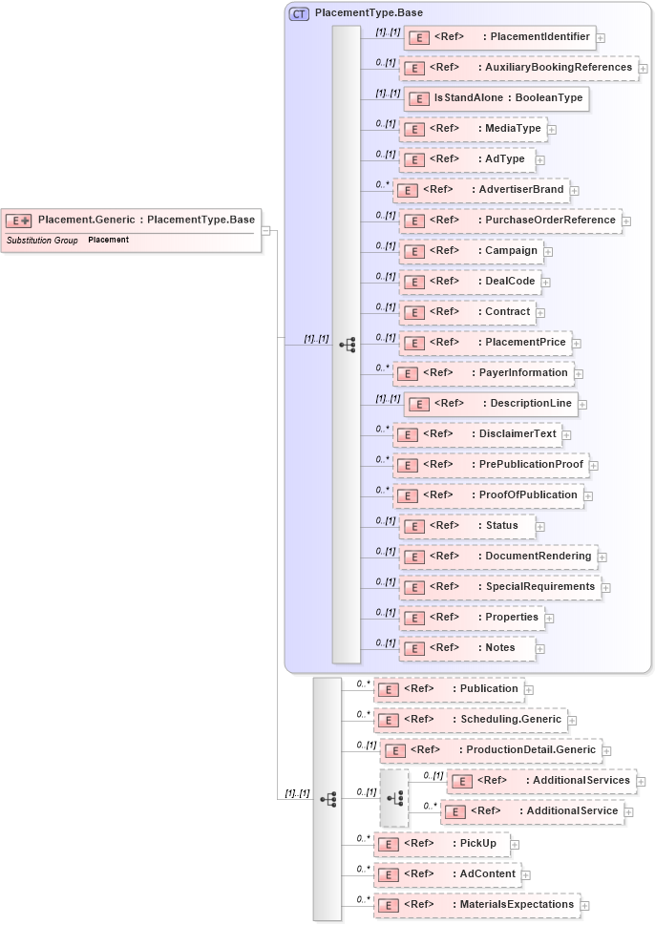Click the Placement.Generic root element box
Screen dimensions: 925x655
[x=130, y=221]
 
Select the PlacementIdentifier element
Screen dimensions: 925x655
[x=499, y=37]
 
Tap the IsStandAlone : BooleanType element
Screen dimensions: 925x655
[x=495, y=98]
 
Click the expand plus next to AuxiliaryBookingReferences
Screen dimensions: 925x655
[x=644, y=69]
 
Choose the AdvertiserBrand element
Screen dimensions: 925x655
[x=481, y=190]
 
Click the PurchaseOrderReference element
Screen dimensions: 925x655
[x=510, y=221]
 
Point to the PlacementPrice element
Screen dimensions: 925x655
[x=485, y=343]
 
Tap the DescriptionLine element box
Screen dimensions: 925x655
[x=490, y=404]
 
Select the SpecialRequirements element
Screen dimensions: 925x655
[x=499, y=587]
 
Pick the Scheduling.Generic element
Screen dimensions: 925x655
[x=470, y=720]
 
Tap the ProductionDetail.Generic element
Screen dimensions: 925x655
[x=491, y=750]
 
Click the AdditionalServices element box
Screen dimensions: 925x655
[x=540, y=781]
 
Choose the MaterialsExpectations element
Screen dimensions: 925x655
[x=476, y=904]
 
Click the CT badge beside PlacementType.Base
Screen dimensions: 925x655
[x=299, y=14]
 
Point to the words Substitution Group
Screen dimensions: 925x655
[x=42, y=241]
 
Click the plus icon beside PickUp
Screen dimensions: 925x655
[x=516, y=844]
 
